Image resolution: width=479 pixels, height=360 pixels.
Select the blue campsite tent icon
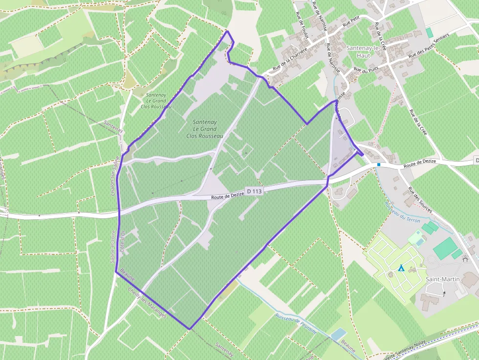(401, 268)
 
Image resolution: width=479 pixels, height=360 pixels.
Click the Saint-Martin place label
(438, 279)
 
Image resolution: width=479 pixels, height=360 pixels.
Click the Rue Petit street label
(351, 21)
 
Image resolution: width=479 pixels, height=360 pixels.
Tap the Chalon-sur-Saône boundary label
(115, 176)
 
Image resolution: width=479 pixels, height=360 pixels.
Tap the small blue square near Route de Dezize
(379, 165)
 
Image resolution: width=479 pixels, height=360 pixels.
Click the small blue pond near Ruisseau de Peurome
(338, 335)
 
